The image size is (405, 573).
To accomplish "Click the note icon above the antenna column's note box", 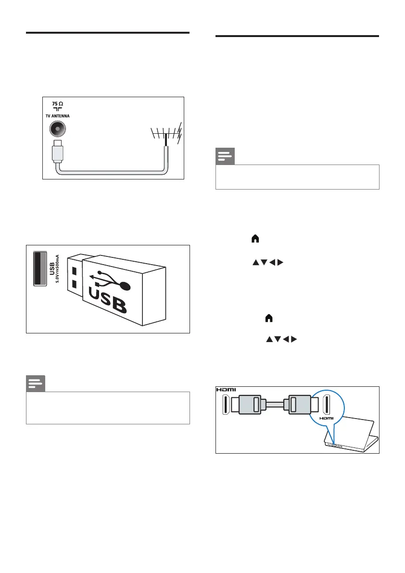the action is pyautogui.click(x=36, y=384).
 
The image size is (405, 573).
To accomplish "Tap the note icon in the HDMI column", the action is pyautogui.click(x=225, y=157).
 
